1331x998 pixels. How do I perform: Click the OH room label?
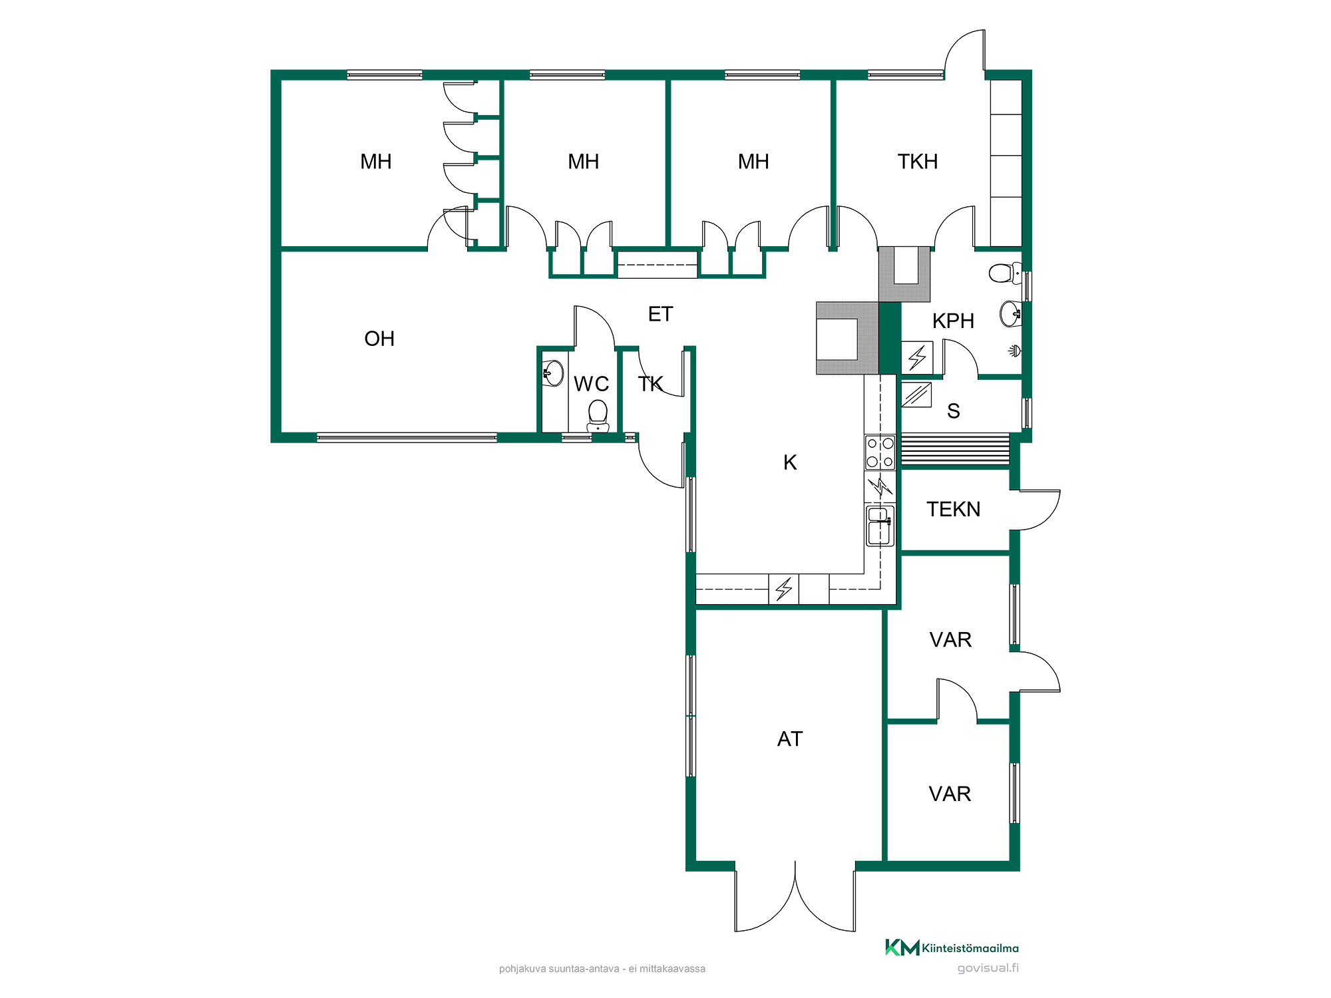coord(379,339)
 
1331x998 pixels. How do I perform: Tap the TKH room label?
coord(918,162)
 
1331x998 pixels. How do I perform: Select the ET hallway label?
coord(660,314)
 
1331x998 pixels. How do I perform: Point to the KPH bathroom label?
coord(953,321)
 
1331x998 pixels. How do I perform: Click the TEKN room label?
coord(953,509)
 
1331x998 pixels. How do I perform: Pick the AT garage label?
coord(790,739)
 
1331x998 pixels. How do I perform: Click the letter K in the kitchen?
coord(790,462)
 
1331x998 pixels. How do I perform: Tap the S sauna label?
coord(953,411)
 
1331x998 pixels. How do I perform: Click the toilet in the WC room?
coord(598,416)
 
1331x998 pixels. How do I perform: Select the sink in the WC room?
coord(553,373)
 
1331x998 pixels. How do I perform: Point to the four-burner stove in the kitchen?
coord(880,452)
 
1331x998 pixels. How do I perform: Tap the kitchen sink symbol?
coord(880,526)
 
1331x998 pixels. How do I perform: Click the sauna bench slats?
coord(955,449)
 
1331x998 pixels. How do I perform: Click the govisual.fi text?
coord(988,968)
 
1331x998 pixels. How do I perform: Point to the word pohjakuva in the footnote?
coord(522,969)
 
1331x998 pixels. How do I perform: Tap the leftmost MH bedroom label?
coord(375,162)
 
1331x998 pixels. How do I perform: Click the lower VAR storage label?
coord(950,794)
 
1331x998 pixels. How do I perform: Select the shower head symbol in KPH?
coord(1014,351)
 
